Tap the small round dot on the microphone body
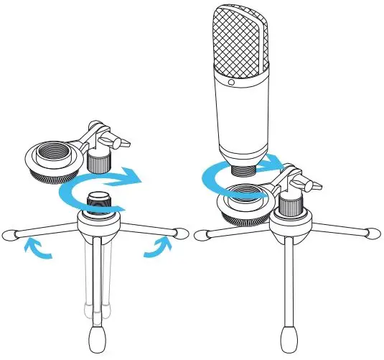pos(232,82)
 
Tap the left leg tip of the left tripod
pos(11,233)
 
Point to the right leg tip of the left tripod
pos(173,233)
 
